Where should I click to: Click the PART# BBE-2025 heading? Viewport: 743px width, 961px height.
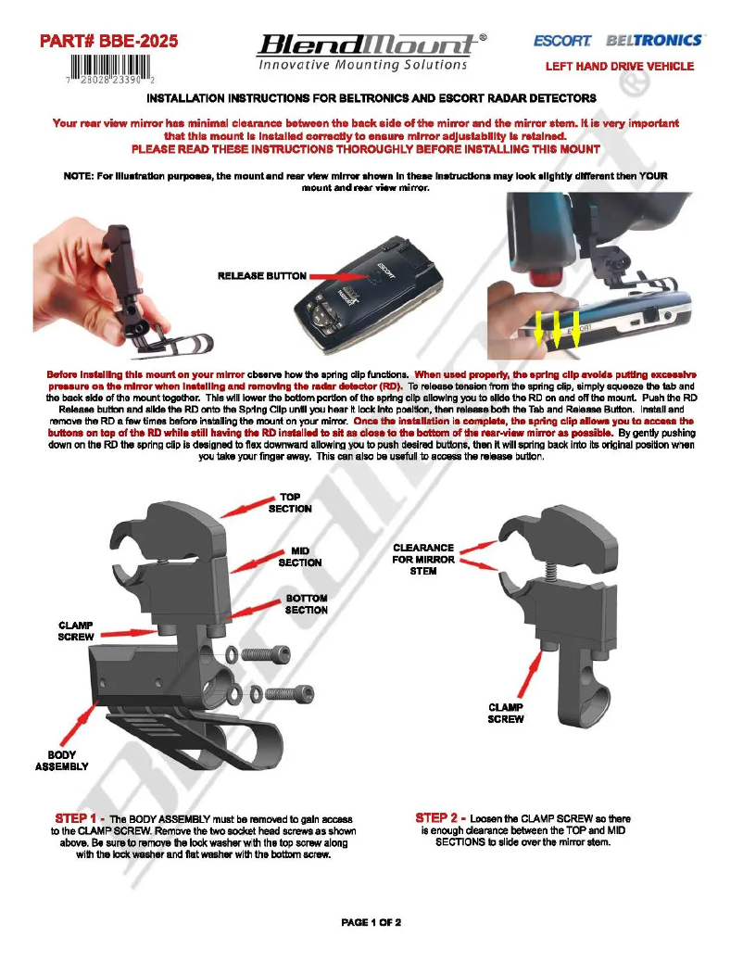pos(108,41)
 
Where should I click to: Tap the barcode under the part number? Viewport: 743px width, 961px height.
pos(109,70)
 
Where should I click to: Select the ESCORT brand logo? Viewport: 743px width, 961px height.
pos(562,41)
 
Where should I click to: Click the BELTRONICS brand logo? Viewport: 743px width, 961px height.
pos(654,41)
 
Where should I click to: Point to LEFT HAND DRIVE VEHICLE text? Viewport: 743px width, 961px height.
pos(619,67)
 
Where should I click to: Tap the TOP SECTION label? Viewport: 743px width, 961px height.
pos(296,503)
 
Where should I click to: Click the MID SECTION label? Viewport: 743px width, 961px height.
pos(300,556)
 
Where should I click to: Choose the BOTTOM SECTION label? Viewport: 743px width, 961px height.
pos(306,604)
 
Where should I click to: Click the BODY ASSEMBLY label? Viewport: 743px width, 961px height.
pos(61,761)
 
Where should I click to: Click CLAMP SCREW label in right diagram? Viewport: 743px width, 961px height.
pos(506,713)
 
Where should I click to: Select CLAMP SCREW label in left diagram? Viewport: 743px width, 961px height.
pos(76,631)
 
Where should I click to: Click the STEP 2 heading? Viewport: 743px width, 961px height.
pos(440,818)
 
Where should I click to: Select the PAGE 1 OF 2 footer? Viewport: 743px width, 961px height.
pos(371,922)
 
